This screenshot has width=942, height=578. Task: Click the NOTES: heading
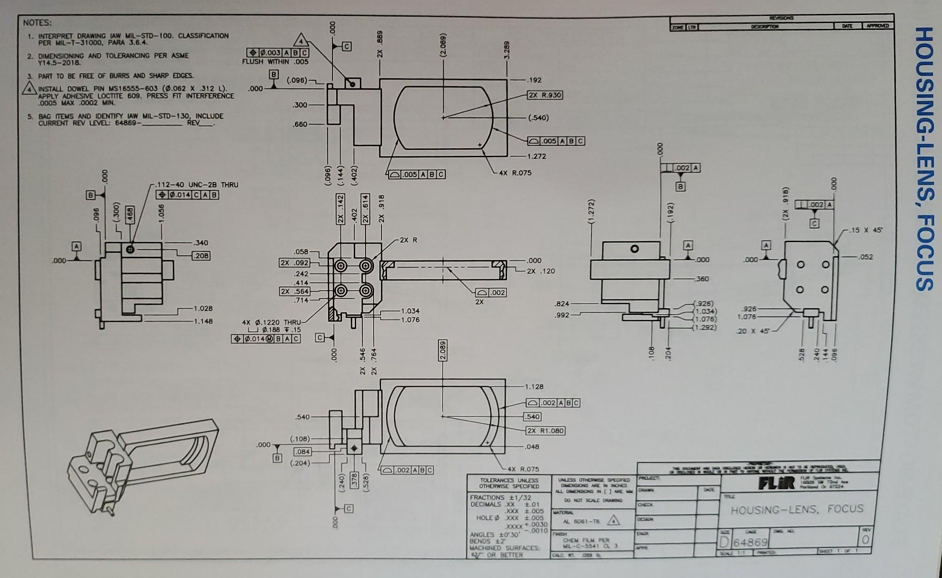[37, 23]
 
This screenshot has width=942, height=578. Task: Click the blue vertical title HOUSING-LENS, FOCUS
[925, 159]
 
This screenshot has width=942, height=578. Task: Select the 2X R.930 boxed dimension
[544, 95]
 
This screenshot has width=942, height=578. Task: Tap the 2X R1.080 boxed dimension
[545, 431]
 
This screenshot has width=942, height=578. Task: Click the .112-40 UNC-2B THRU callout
[196, 185]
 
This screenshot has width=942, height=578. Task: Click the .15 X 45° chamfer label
[865, 231]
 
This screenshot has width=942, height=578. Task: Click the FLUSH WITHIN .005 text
[275, 62]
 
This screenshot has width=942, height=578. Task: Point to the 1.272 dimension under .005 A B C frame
[536, 156]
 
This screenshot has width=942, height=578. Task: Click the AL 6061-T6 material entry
[582, 521]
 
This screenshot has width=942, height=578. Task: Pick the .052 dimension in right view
[865, 257]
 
